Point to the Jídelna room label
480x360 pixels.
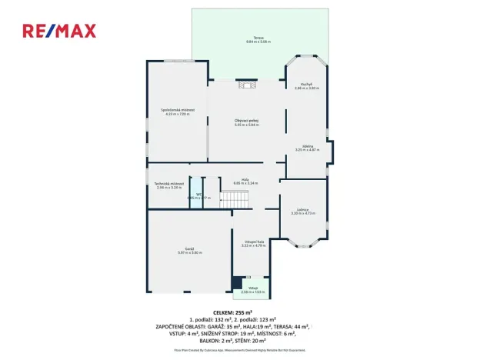306,145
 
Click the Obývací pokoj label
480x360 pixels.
245,120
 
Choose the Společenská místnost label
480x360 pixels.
177,110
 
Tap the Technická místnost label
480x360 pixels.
168,183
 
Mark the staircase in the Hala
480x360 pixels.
236,199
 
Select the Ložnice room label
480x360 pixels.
304,209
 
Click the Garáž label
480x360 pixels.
189,248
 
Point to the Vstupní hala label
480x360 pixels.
252,242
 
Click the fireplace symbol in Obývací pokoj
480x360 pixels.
246,85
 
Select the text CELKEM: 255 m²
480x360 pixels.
239,312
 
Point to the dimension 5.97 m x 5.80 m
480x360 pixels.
189,253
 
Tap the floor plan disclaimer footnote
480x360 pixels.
239,348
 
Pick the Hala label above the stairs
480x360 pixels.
245,179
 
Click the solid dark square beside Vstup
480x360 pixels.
236,283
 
